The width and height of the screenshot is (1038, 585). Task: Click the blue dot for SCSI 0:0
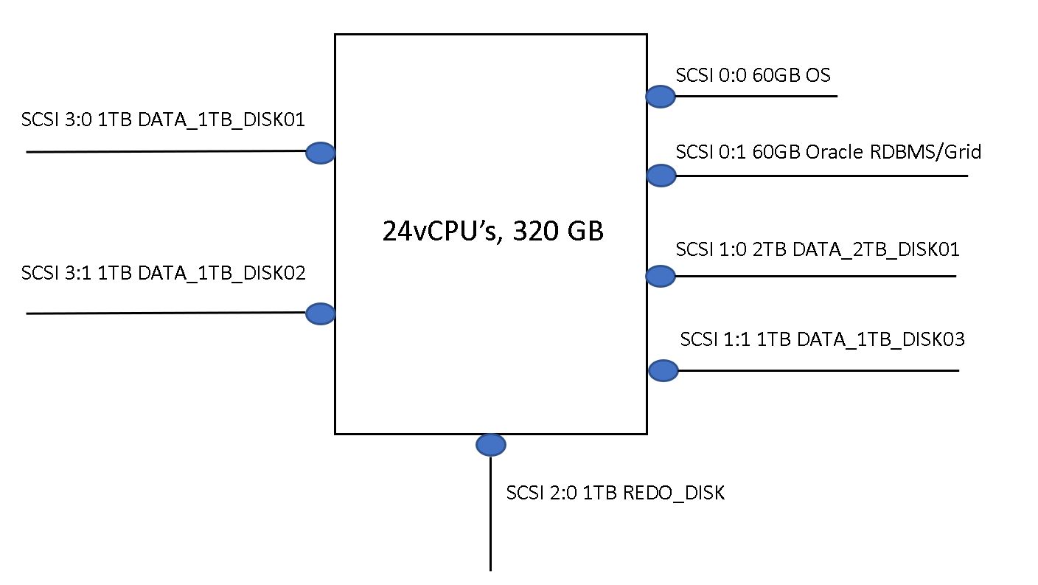[661, 96]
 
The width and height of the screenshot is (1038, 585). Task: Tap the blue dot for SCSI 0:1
[661, 175]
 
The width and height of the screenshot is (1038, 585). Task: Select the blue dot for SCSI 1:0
[661, 276]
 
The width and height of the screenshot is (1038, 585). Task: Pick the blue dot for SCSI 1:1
[663, 370]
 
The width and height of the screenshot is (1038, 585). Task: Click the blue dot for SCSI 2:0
[490, 445]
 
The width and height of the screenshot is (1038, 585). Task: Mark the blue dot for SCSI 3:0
[320, 153]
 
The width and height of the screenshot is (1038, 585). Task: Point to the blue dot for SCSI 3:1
[320, 314]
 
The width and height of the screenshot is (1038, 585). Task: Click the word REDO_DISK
[674, 493]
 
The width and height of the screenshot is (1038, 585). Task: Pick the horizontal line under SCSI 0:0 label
[759, 96]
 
